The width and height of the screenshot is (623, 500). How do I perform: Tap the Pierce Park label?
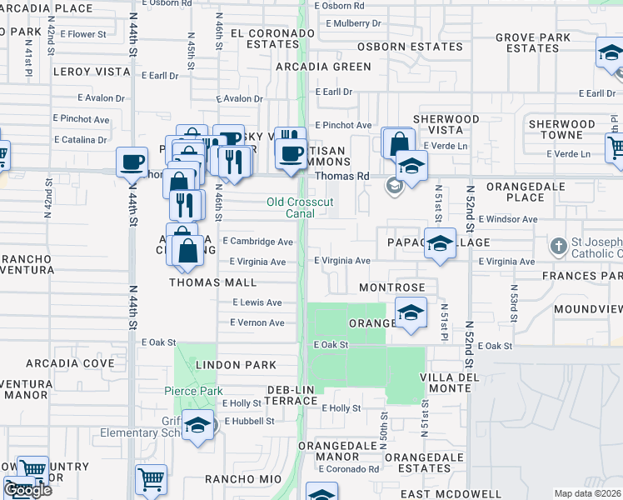click(192, 391)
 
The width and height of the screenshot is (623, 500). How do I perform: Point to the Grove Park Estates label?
click(532, 42)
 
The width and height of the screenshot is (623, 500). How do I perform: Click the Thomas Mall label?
click(213, 282)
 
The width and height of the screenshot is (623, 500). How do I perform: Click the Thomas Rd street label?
click(341, 176)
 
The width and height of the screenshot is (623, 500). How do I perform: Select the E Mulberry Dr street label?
click(347, 24)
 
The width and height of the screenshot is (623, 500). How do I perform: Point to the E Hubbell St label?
click(247, 421)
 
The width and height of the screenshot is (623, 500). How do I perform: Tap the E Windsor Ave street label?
click(508, 219)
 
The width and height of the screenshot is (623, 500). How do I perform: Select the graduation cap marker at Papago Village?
click(441, 243)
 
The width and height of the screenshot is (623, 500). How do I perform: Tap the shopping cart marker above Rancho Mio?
click(151, 479)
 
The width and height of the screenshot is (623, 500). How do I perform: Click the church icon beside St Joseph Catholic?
click(559, 247)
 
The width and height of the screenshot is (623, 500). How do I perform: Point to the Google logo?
click(27, 490)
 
